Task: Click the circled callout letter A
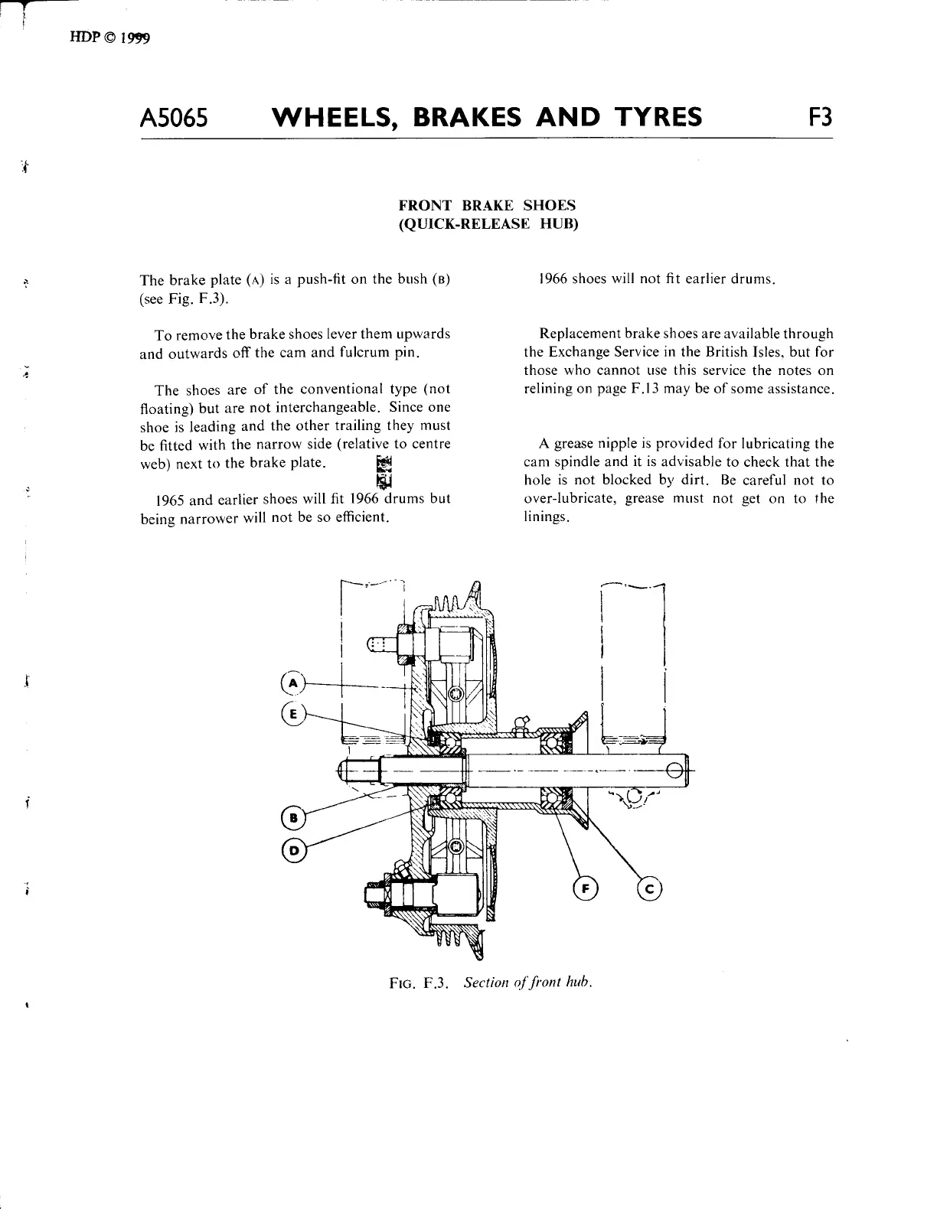(x=292, y=683)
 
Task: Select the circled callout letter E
(x=292, y=713)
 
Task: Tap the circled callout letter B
(x=292, y=818)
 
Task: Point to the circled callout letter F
(x=585, y=888)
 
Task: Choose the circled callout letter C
(x=648, y=888)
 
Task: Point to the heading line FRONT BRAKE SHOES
(x=487, y=206)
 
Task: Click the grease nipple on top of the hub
(x=521, y=723)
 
